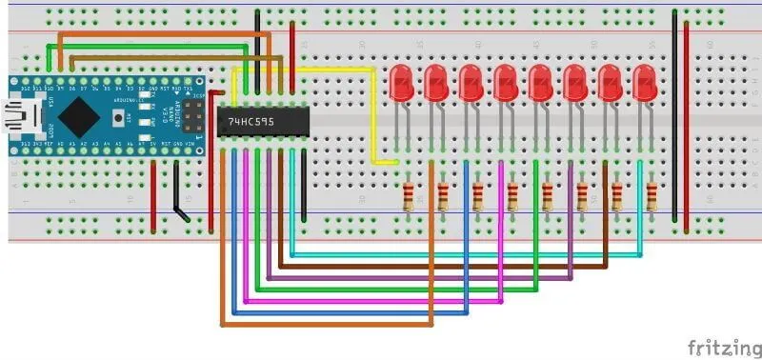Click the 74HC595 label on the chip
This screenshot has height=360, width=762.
coord(251,122)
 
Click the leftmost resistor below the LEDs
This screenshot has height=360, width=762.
coord(409,196)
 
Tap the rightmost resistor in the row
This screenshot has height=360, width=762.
coord(652,196)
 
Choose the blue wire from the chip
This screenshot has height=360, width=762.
coord(352,312)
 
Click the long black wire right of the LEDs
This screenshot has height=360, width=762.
coord(675,114)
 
